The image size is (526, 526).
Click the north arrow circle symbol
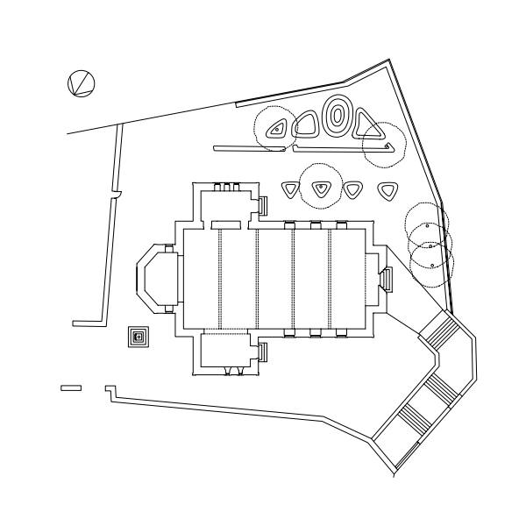click(81, 83)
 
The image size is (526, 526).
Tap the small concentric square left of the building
click(138, 337)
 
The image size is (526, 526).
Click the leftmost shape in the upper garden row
click(278, 130)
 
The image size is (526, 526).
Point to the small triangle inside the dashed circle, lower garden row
click(322, 187)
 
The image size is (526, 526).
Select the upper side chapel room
click(229, 207)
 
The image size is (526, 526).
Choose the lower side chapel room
click(229, 352)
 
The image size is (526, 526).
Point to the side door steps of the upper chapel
click(261, 206)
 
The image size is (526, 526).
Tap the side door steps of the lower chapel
click(261, 352)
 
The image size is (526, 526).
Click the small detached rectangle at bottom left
click(71, 387)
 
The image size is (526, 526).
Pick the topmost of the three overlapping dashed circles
click(427, 224)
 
